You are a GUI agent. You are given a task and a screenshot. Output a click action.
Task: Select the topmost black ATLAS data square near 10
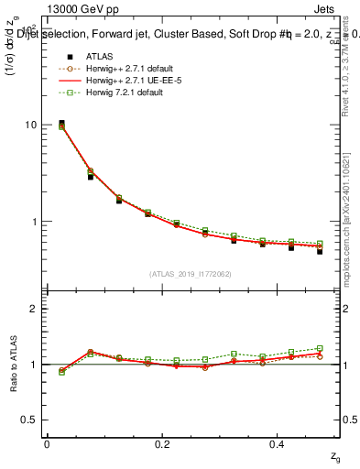(61, 123)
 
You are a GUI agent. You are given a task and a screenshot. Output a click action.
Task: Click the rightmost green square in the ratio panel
(320, 349)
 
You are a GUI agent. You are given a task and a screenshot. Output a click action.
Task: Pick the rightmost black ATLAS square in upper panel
(320, 250)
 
